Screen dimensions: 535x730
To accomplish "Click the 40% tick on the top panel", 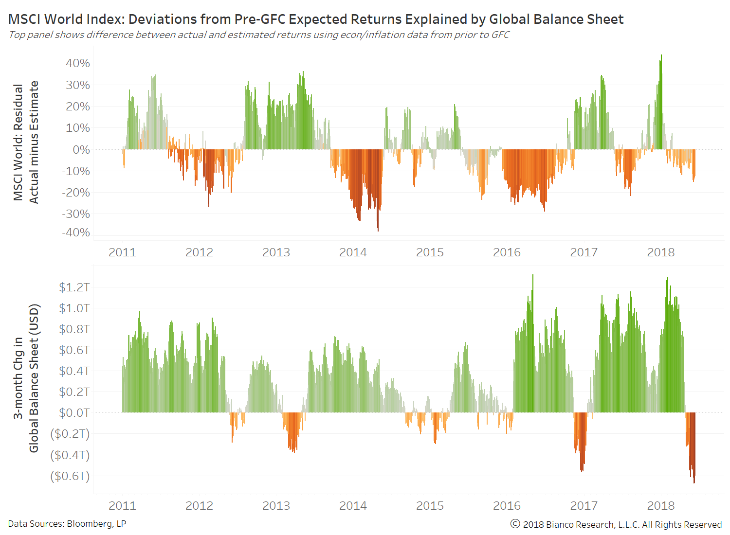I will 78,63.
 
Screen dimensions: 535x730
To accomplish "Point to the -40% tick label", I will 76,232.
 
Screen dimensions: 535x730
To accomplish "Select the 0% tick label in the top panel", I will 81,150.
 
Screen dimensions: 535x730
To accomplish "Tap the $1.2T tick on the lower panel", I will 74,287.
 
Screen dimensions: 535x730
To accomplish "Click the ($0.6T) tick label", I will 70,476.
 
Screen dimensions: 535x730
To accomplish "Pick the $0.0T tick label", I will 74,413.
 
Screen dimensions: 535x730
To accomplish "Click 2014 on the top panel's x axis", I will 353,252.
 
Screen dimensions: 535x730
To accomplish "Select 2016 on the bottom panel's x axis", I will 507,506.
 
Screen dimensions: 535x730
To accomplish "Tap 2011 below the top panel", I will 122,252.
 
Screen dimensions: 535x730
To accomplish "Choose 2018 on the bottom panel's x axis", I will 660,506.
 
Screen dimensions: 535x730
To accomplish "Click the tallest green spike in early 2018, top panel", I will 661,56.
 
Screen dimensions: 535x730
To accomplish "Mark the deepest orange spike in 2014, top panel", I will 378,230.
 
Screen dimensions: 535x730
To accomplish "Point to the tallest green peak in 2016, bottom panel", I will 533,276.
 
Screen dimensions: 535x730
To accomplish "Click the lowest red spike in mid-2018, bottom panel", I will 694,481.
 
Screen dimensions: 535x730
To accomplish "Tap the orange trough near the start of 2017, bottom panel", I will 582,470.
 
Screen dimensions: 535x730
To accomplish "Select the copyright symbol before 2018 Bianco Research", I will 515,524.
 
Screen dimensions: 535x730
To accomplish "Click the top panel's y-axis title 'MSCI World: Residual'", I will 18,142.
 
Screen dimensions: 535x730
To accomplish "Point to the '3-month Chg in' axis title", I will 18,378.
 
